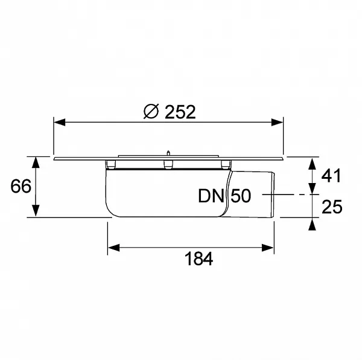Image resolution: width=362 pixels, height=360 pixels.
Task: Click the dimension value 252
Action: coord(180,112)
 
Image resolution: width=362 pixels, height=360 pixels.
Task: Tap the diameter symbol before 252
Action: coord(151,111)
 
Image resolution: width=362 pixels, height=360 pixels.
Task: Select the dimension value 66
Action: coord(21,186)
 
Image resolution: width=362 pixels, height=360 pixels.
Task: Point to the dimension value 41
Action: coord(331,175)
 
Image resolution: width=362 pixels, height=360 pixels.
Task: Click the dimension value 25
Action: coord(332,207)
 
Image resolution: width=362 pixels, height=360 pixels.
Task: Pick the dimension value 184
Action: coord(198,259)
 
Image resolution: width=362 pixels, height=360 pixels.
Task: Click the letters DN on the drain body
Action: coord(211,196)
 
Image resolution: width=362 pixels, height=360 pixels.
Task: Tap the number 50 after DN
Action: coord(241,196)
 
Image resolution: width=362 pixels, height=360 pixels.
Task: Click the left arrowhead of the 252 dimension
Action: coord(59,123)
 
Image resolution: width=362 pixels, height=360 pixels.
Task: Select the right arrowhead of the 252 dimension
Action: coord(277,123)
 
